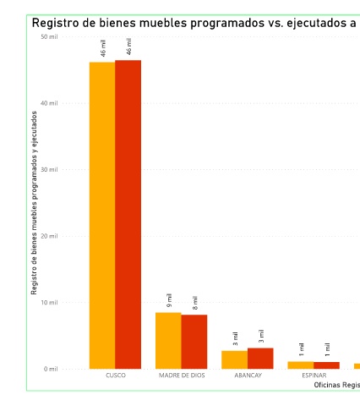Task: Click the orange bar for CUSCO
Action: pyautogui.click(x=102, y=216)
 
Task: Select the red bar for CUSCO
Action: pyautogui.click(x=128, y=214)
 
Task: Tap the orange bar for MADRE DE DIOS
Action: pyautogui.click(x=168, y=341)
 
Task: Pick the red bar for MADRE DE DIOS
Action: pyautogui.click(x=194, y=342)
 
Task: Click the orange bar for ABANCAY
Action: pyautogui.click(x=235, y=359)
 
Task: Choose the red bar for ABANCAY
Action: pyautogui.click(x=260, y=359)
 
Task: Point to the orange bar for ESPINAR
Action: pyautogui.click(x=301, y=365)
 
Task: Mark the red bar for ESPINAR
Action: pyautogui.click(x=326, y=365)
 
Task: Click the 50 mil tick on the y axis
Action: pyautogui.click(x=49, y=36)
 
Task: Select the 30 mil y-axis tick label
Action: pyautogui.click(x=49, y=169)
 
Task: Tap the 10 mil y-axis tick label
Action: pyautogui.click(x=49, y=303)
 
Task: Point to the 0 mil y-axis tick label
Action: pyautogui.click(x=51, y=369)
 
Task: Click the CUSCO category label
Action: pyautogui.click(x=116, y=376)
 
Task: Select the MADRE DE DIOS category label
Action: pyautogui.click(x=182, y=376)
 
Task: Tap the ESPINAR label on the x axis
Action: pyautogui.click(x=314, y=376)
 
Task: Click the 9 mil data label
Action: pyautogui.click(x=169, y=300)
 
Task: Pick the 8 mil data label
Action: pyautogui.click(x=195, y=303)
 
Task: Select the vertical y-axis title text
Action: pyautogui.click(x=34, y=203)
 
